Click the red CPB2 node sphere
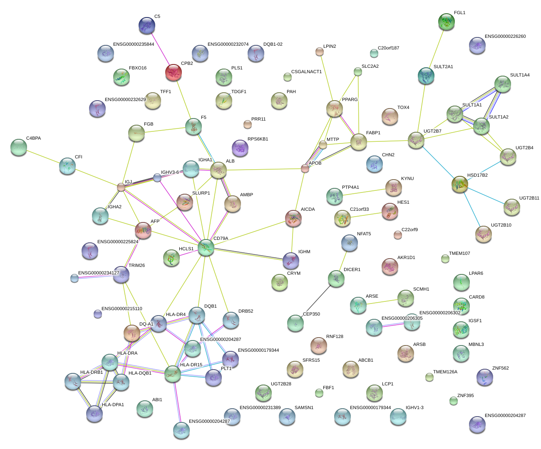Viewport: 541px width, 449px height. [x=174, y=72]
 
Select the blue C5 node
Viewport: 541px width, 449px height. [x=147, y=25]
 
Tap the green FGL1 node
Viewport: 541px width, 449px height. [x=447, y=22]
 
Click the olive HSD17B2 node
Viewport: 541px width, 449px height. [x=460, y=184]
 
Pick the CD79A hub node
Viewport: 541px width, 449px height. [x=206, y=247]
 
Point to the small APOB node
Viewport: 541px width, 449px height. [x=305, y=168]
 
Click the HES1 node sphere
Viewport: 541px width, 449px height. [x=390, y=211]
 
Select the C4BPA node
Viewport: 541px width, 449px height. [x=18, y=147]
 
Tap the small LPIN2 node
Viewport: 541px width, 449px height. [x=319, y=52]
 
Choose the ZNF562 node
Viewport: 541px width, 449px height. [x=485, y=377]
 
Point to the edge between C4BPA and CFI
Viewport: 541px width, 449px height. [x=43, y=157]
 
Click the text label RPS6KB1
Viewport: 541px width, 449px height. [x=258, y=139]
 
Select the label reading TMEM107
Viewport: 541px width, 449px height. [x=459, y=254]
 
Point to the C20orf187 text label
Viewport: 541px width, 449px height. [x=388, y=48]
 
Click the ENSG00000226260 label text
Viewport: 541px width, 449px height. [x=505, y=37]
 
